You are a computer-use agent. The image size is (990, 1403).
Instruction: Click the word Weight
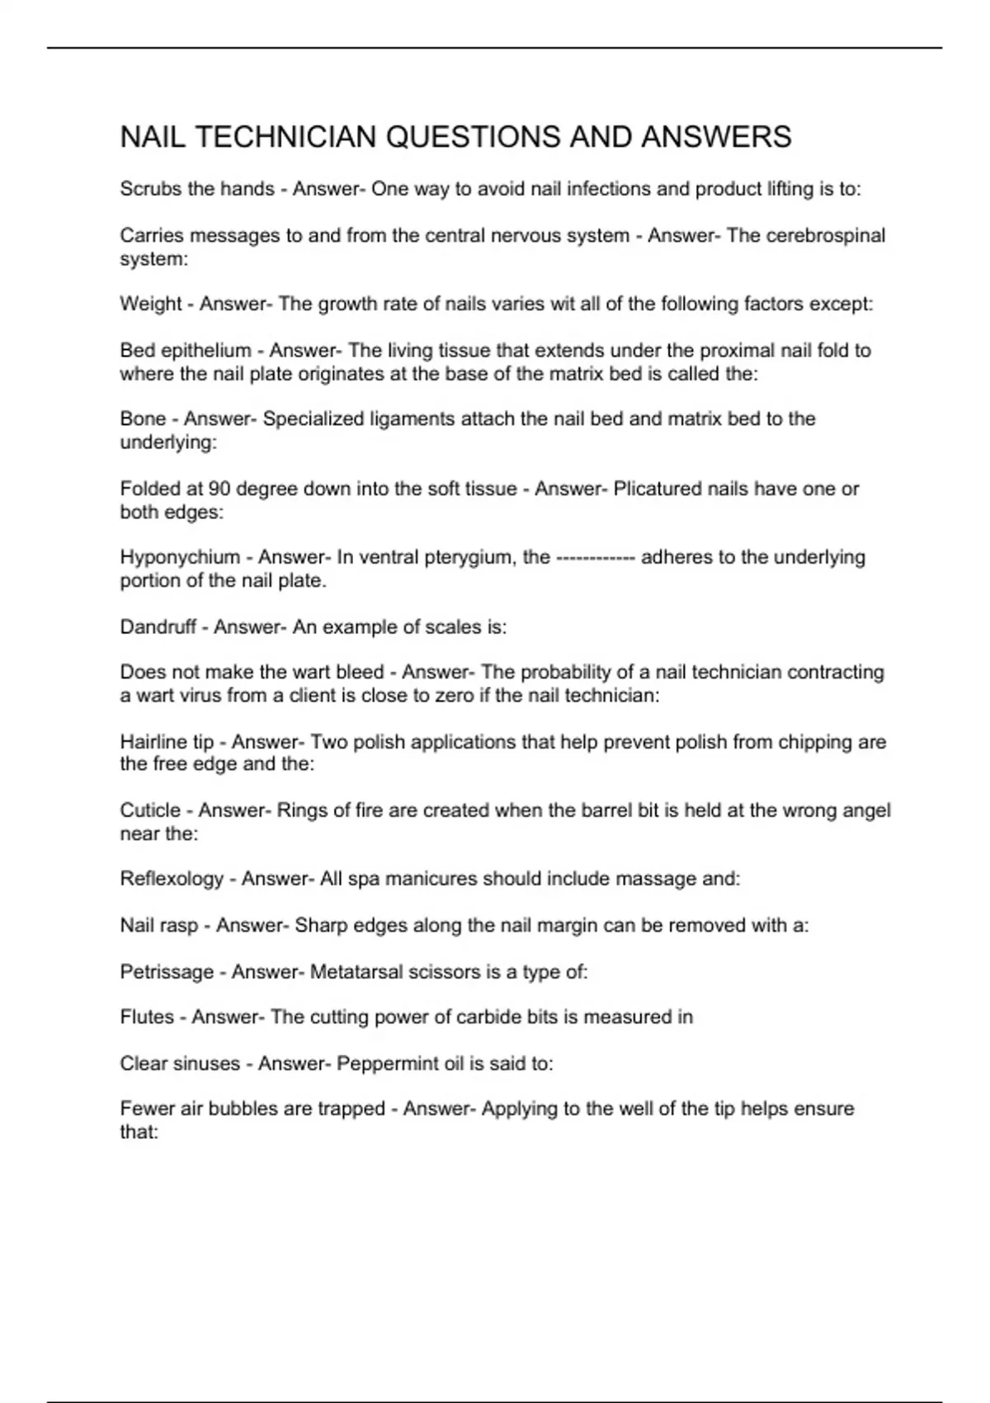coord(150,304)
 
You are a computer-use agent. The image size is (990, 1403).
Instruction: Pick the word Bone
coord(143,418)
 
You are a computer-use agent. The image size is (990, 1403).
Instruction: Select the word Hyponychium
coord(180,557)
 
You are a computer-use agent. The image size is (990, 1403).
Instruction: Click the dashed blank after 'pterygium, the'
coord(596,558)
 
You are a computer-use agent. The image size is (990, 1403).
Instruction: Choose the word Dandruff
coord(158,627)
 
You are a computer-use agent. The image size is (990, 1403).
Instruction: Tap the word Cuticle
coord(150,810)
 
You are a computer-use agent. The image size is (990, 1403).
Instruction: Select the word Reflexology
coord(172,879)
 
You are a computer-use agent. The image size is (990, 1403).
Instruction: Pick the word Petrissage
coord(167,972)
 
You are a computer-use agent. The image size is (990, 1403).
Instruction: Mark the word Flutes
coord(147,1017)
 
